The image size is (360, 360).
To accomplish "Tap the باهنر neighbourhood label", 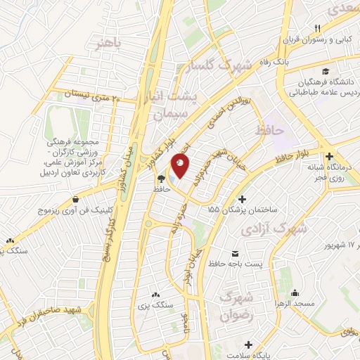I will [109, 43].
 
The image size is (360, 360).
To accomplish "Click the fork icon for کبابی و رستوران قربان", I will [318, 28].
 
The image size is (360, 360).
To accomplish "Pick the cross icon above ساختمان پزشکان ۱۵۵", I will [243, 199].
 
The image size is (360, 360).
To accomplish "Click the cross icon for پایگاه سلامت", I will [247, 344].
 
